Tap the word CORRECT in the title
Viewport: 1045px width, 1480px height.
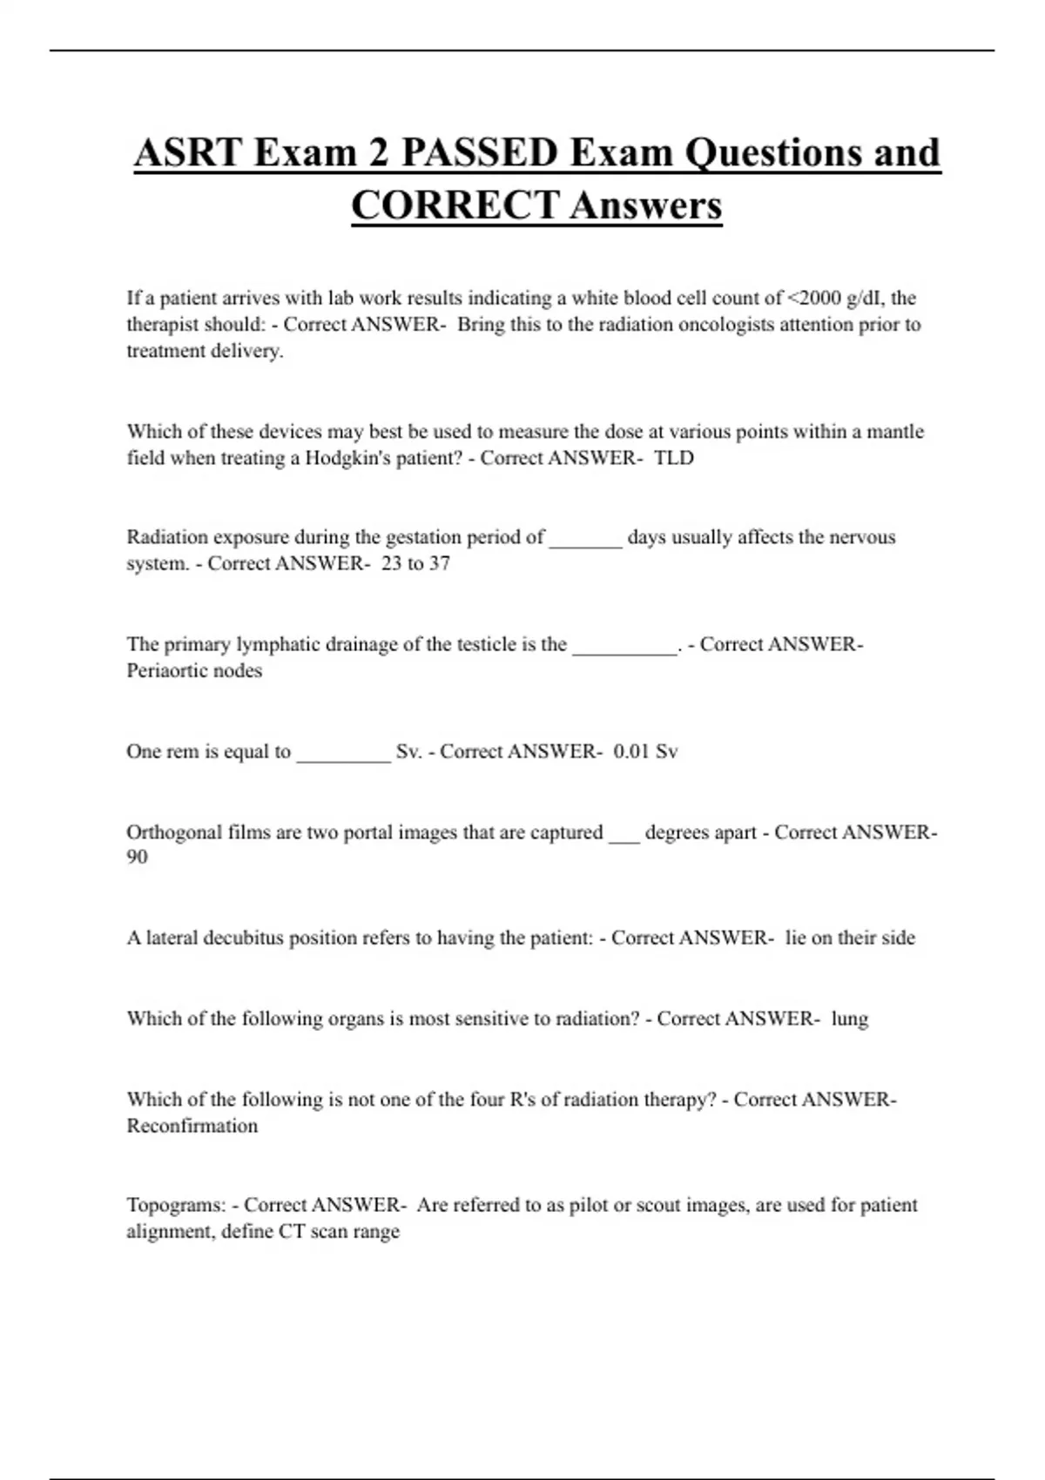pos(454,206)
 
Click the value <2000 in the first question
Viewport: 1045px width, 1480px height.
pos(814,298)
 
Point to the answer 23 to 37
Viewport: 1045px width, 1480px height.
pos(415,563)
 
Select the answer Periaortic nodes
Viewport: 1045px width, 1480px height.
pos(194,670)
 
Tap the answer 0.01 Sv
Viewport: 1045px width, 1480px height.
pos(645,751)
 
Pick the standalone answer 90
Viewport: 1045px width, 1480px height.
pos(137,857)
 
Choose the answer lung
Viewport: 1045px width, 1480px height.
pos(849,1019)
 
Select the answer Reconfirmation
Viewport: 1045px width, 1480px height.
pos(192,1126)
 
